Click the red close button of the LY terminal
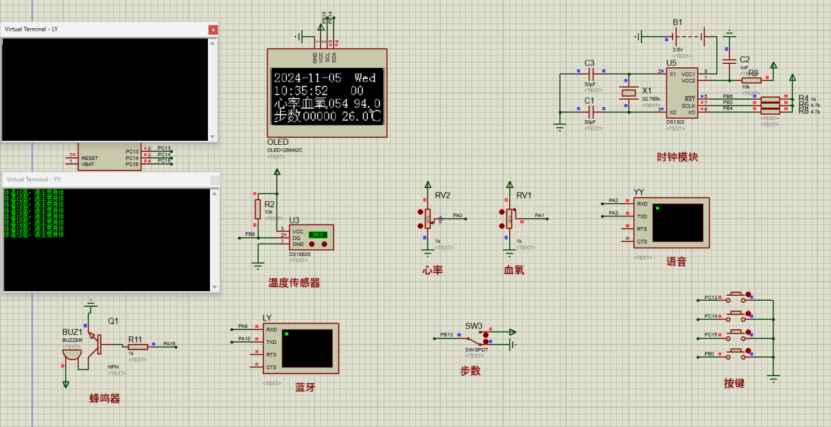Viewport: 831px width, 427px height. tap(213, 30)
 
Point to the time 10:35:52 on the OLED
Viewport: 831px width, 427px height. tap(301, 91)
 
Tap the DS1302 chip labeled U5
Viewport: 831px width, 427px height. tap(681, 93)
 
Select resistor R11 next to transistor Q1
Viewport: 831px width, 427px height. tap(135, 347)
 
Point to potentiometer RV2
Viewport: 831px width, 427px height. tap(428, 218)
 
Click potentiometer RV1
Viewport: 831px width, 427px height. tap(510, 218)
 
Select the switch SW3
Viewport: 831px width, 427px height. tap(476, 338)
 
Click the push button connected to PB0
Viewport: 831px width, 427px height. tap(738, 354)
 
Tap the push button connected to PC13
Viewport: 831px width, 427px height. tap(738, 297)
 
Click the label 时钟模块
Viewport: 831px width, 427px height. tap(677, 157)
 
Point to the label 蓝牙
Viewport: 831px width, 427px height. tap(305, 387)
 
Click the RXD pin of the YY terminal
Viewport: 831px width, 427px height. tap(642, 204)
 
